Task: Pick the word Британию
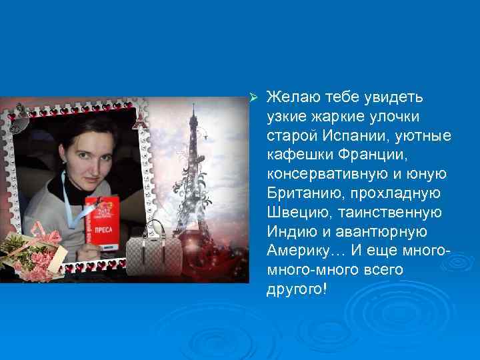tap(298, 194)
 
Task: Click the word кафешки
tap(296, 156)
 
